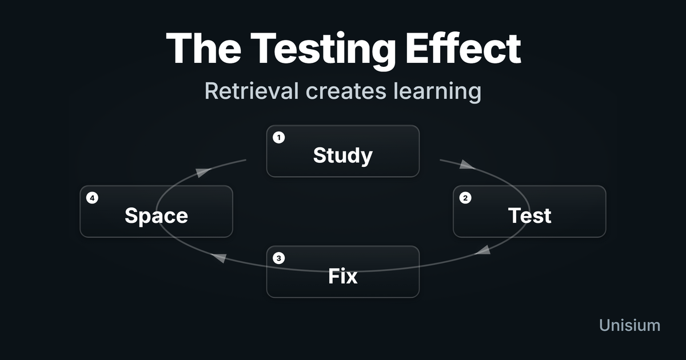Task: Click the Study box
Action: click(343, 151)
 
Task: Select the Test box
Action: click(529, 211)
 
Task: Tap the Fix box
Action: click(343, 271)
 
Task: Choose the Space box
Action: click(156, 211)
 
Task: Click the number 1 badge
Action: click(278, 138)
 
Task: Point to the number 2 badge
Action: click(465, 198)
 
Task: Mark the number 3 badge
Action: click(278, 258)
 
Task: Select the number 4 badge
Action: click(92, 198)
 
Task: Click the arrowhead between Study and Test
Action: click(466, 165)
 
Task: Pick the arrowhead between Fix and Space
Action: click(219, 258)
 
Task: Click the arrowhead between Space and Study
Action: click(201, 173)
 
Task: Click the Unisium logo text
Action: click(629, 325)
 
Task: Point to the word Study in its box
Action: click(343, 155)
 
